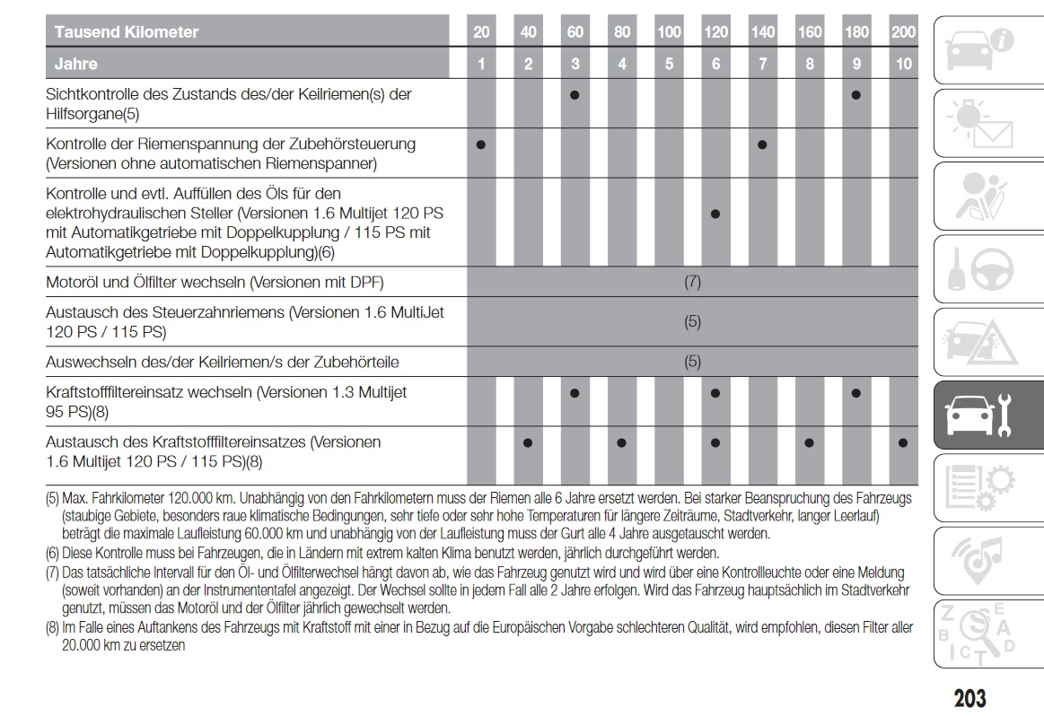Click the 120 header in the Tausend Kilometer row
tap(715, 32)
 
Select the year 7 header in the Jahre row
tap(762, 64)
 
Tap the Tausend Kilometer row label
tap(127, 32)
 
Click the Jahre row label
tap(76, 64)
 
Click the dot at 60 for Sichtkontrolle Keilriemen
tap(575, 94)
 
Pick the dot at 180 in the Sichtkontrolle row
tap(856, 94)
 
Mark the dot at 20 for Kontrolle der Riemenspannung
tap(481, 144)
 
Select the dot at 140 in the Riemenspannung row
tap(762, 144)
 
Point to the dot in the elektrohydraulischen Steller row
tap(715, 214)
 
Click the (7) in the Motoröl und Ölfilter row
tap(692, 282)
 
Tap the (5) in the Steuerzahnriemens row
tap(692, 322)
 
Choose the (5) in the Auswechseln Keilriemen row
tap(692, 363)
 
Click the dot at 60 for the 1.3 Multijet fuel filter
tap(575, 393)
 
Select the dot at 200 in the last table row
tap(903, 442)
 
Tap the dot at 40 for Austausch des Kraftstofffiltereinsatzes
tap(528, 442)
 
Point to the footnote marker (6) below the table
tap(53, 553)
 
